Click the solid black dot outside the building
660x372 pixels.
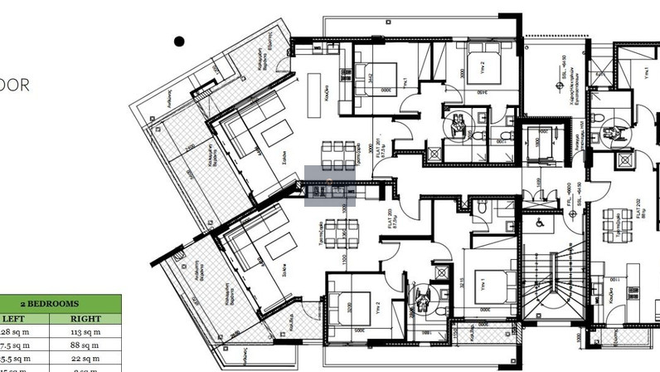(179, 41)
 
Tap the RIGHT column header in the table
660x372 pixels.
(85, 319)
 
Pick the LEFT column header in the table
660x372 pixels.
(14, 319)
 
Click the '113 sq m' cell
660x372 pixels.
(85, 332)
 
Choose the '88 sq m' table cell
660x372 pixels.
(85, 345)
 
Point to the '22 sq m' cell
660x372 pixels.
(85, 359)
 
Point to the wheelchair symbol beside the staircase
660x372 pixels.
(538, 223)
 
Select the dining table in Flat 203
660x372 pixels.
(339, 233)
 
